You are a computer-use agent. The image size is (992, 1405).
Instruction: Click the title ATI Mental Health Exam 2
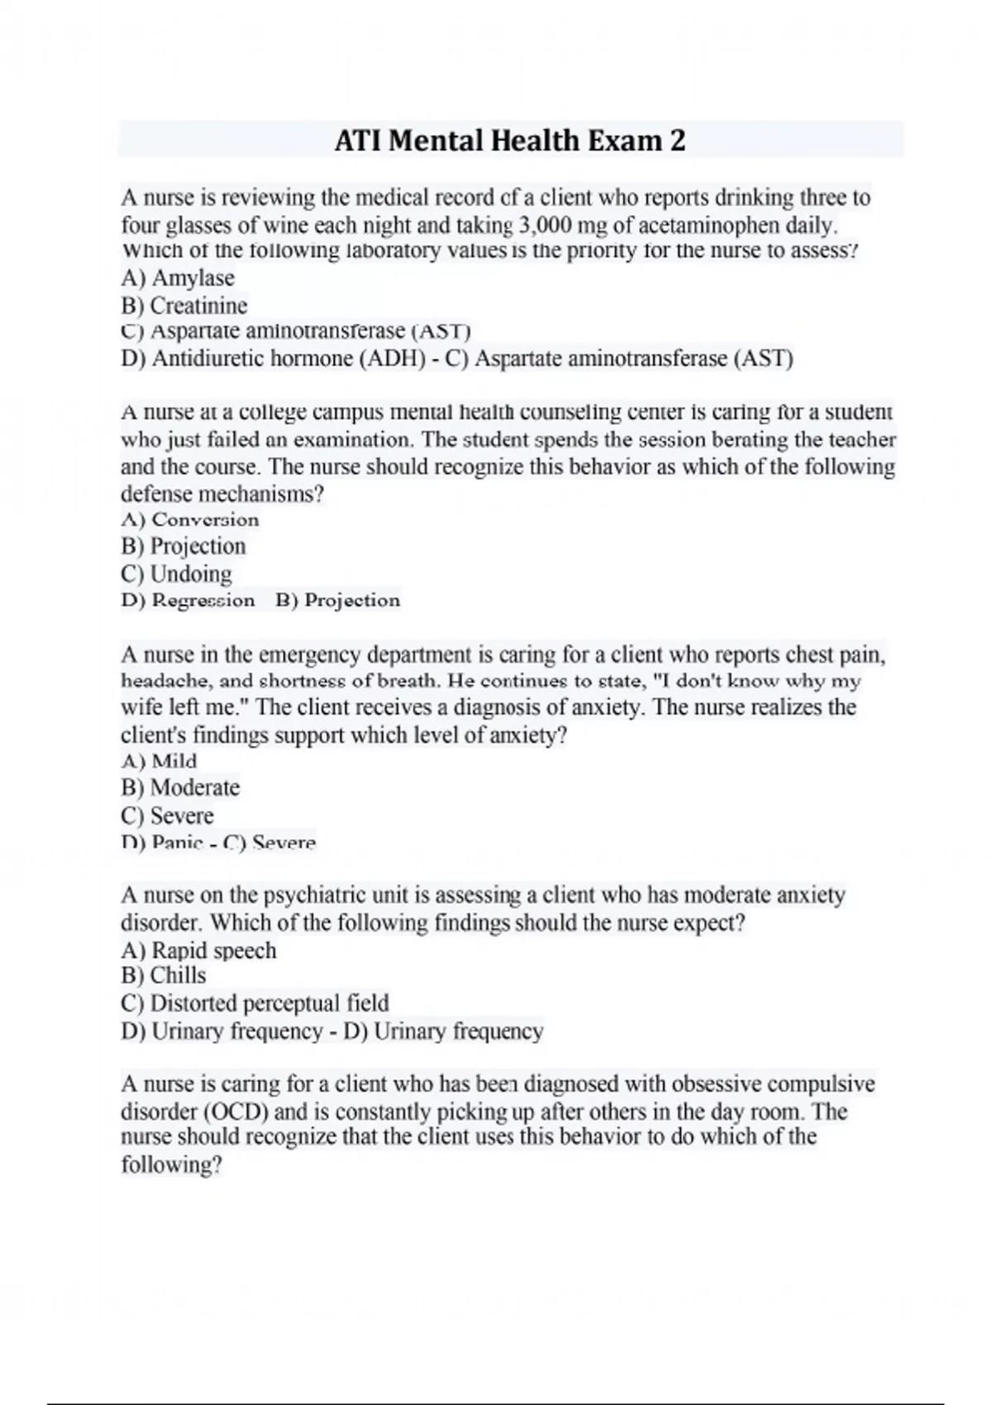pyautogui.click(x=510, y=140)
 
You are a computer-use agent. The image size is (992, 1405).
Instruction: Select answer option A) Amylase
pyautogui.click(x=178, y=278)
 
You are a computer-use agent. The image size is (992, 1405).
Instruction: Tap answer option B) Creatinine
pyautogui.click(x=184, y=306)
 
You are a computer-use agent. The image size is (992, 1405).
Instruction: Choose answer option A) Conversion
pyautogui.click(x=190, y=520)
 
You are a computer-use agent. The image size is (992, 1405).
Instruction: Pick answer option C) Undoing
pyautogui.click(x=176, y=574)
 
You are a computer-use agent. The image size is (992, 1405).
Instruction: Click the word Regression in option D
pyautogui.click(x=203, y=601)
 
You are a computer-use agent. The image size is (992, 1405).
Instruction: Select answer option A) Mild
pyautogui.click(x=159, y=761)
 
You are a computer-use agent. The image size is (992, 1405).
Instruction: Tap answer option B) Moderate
pyautogui.click(x=180, y=788)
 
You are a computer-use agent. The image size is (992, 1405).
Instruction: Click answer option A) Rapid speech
pyautogui.click(x=198, y=950)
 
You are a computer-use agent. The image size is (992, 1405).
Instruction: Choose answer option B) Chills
pyautogui.click(x=164, y=975)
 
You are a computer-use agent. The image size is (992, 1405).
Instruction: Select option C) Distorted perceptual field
pyautogui.click(x=255, y=1003)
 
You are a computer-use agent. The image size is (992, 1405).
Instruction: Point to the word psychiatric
pyautogui.click(x=316, y=895)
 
